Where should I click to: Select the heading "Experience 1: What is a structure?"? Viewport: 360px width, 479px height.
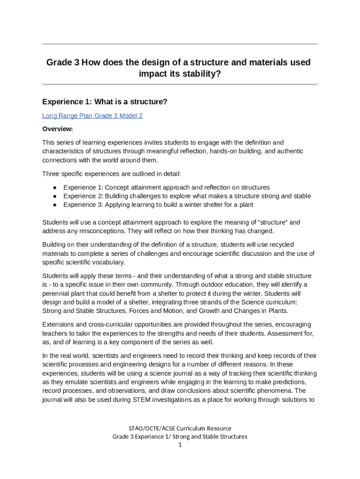point(105,102)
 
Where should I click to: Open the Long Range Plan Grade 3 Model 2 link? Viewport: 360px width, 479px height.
point(92,116)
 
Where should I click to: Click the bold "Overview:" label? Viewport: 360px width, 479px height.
point(58,129)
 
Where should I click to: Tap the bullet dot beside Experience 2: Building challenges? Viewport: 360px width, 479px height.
point(55,196)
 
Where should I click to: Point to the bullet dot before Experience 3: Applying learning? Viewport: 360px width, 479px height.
point(55,205)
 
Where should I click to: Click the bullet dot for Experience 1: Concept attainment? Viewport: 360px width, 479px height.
point(55,187)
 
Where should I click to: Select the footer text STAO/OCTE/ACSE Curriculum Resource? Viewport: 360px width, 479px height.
point(180,428)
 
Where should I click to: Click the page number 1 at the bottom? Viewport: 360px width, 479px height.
point(180,445)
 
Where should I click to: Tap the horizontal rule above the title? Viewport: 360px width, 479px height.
point(180,44)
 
